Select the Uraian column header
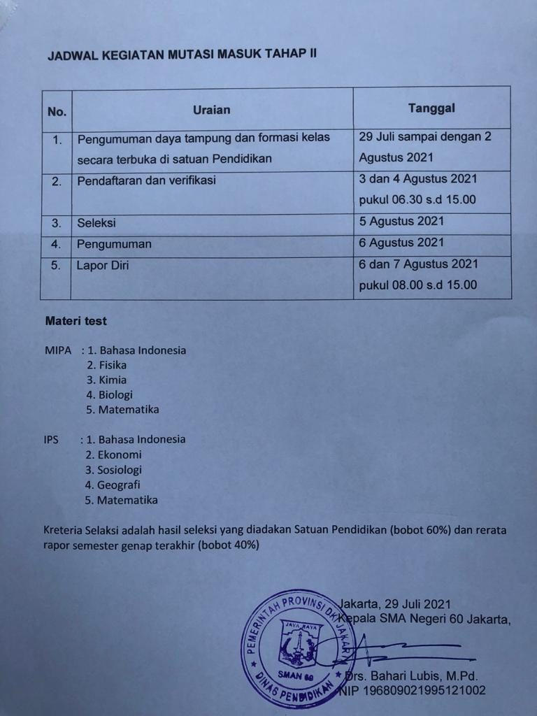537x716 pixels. coord(211,110)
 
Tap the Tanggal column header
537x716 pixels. coord(431,108)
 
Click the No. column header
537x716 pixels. coord(57,112)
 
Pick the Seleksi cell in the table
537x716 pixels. coord(96,223)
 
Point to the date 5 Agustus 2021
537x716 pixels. coord(401,222)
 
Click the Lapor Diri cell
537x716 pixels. coord(103,265)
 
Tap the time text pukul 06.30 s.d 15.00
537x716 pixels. coord(417,199)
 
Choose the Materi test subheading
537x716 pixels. coord(76,322)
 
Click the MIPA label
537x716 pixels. coord(58,350)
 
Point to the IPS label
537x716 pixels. coord(51,440)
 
